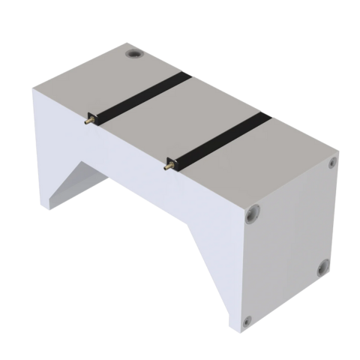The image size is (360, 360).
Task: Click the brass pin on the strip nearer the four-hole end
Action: (169, 162)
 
